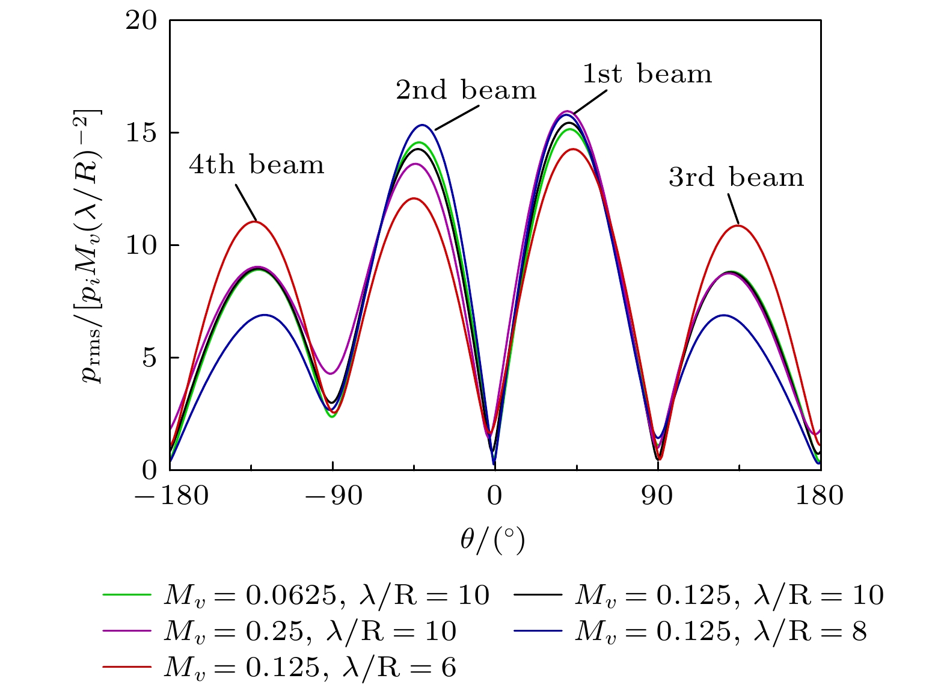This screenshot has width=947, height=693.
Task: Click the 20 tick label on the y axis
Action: [141, 20]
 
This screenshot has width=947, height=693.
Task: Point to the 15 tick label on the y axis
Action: [141, 133]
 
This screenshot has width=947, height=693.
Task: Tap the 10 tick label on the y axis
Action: [141, 245]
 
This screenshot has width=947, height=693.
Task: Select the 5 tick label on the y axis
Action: [150, 357]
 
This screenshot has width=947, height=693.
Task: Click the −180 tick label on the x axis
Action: [171, 495]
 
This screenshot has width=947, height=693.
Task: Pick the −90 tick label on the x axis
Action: [334, 495]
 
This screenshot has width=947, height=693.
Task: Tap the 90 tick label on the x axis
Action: [657, 495]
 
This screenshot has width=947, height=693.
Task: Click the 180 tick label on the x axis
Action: [820, 495]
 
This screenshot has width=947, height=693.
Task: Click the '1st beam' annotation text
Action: [647, 74]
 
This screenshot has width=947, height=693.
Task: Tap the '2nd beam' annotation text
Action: [466, 90]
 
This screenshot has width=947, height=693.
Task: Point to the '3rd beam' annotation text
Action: [736, 177]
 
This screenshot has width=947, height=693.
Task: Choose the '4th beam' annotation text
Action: [257, 164]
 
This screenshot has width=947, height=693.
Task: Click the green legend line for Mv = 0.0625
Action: [127, 594]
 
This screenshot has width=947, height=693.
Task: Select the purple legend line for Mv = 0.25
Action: [127, 631]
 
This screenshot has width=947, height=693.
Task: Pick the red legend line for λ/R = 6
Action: [127, 667]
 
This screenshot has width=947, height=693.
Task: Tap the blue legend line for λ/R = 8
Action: [538, 631]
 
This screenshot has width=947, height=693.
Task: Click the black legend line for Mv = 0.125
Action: [538, 594]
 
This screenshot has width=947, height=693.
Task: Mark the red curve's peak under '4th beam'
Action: [256, 221]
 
